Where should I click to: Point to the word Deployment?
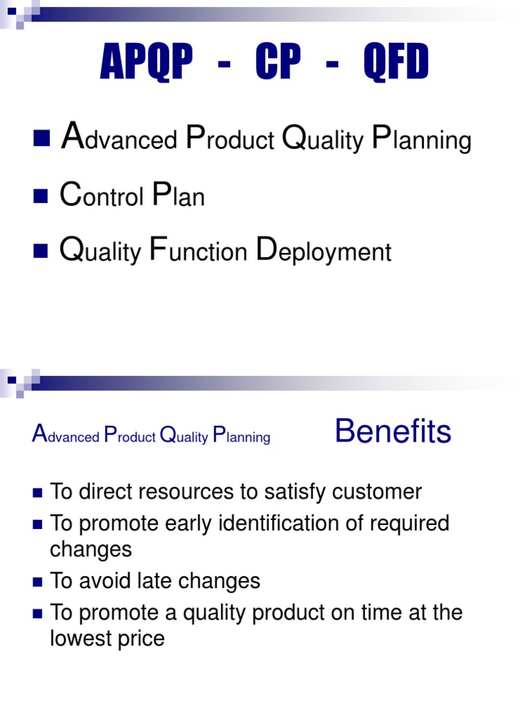323,252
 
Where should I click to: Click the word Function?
198,252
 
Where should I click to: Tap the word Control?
102,197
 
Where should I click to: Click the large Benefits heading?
393,432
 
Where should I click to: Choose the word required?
410,523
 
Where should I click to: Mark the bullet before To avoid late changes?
37,581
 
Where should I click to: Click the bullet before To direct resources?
37,492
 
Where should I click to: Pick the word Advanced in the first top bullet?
119,139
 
